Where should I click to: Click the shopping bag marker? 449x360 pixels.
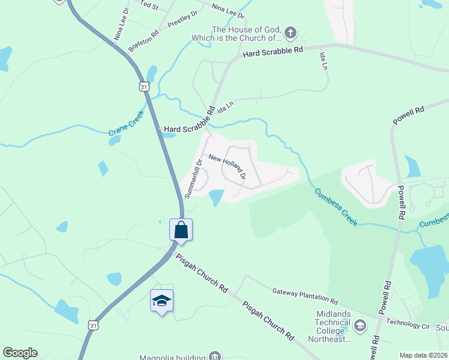(181, 229)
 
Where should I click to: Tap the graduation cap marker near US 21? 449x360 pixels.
(161, 300)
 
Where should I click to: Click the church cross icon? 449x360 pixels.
(291, 32)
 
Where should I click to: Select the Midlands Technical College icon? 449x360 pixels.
(360, 326)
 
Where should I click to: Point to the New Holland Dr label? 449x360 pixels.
(227, 166)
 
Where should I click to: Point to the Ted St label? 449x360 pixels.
(148, 5)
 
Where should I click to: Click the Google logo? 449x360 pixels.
(20, 353)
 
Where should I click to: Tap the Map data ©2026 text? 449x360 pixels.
(423, 355)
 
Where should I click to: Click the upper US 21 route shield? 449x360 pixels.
(143, 86)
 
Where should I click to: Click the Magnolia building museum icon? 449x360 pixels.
(214, 356)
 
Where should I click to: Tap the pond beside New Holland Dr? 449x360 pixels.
(216, 197)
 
